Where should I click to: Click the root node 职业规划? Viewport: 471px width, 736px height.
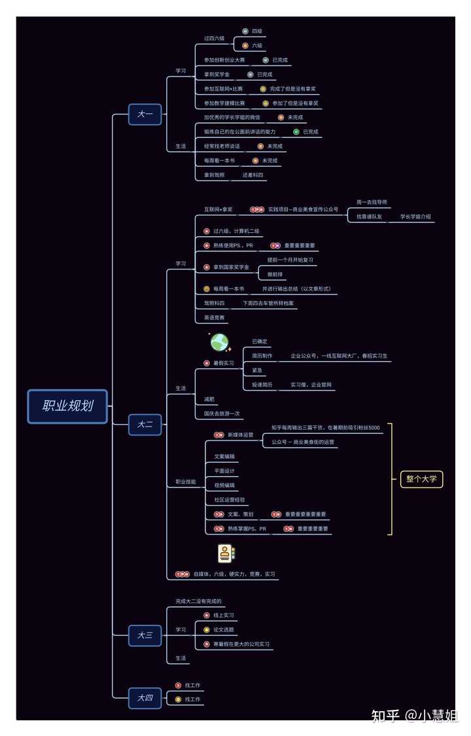click(67, 406)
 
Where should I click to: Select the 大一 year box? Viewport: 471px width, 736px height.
click(145, 114)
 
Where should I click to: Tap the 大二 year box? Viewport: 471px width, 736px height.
click(145, 424)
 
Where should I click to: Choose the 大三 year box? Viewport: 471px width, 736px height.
click(145, 635)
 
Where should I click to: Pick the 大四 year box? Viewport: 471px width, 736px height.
click(145, 698)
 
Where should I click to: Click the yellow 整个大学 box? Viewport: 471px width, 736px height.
click(421, 478)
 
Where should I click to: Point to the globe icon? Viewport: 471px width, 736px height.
click(219, 342)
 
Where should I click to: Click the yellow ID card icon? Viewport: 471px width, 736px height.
click(226, 553)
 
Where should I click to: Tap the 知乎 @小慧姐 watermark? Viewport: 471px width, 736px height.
click(414, 715)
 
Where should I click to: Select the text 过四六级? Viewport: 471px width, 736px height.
click(214, 39)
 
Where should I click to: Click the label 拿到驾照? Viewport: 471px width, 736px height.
click(214, 175)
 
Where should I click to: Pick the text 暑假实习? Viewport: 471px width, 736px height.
click(223, 363)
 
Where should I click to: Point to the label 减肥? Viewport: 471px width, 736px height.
click(209, 399)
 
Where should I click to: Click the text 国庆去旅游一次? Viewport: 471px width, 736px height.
click(222, 413)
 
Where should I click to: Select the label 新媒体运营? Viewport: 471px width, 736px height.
click(240, 435)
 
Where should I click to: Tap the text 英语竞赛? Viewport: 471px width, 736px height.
click(214, 318)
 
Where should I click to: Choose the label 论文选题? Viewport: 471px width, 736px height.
click(223, 629)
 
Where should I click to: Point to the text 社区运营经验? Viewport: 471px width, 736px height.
click(229, 500)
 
